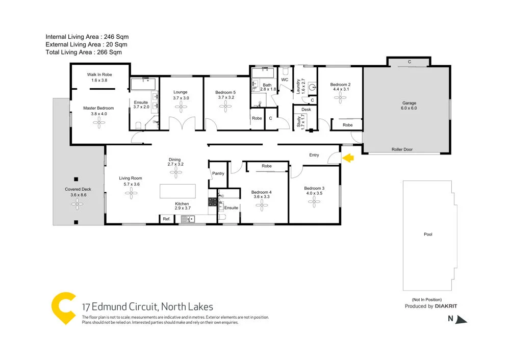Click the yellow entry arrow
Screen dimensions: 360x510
(348, 159)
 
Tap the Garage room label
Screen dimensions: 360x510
(410, 102)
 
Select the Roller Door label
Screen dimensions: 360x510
(402, 149)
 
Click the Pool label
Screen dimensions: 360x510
(427, 235)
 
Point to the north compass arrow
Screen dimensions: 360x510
(461, 320)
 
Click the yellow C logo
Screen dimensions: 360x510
(64, 308)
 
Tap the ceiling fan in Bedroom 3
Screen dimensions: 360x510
(314, 202)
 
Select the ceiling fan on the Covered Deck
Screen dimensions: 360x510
(77, 204)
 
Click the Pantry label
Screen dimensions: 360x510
(218, 173)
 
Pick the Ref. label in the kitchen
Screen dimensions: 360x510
(166, 219)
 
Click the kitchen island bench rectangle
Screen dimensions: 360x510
(177, 191)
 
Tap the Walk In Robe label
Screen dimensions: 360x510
(99, 74)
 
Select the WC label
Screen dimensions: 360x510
(285, 80)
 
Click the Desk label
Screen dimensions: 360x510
(306, 110)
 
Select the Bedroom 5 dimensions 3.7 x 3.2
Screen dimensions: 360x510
(225, 97)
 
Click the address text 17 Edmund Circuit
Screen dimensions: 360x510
(120, 307)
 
